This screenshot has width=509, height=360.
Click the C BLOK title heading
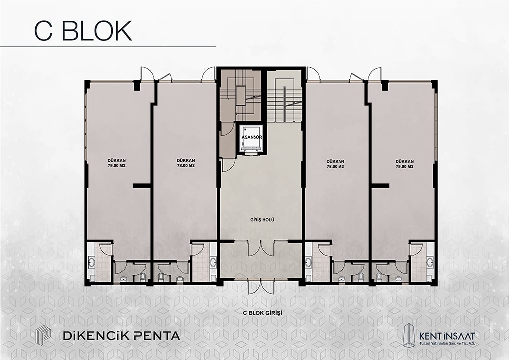coord(83,31)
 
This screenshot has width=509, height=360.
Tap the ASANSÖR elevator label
coord(252,137)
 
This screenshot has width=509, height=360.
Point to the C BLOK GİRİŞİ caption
coord(262,313)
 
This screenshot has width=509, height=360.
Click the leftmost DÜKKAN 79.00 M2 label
coord(117,163)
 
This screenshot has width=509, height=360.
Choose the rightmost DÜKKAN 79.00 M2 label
coord(405,164)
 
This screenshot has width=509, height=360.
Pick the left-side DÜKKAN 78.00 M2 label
coord(186,163)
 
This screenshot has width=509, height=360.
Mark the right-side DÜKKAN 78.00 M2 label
coord(336,164)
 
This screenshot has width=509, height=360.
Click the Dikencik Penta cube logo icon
coord(43,335)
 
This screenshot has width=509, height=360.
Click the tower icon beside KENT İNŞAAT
coord(409,335)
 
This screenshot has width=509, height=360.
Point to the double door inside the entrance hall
coord(261,248)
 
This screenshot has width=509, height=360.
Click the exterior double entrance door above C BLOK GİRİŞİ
coord(261,287)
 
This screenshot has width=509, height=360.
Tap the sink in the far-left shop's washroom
coord(91,262)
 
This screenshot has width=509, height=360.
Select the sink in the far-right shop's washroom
coord(430,262)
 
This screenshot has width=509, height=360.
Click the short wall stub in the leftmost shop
coord(142,185)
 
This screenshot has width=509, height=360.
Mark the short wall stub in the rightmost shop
coord(380,185)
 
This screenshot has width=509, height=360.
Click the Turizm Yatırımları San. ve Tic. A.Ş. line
coord(447,344)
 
